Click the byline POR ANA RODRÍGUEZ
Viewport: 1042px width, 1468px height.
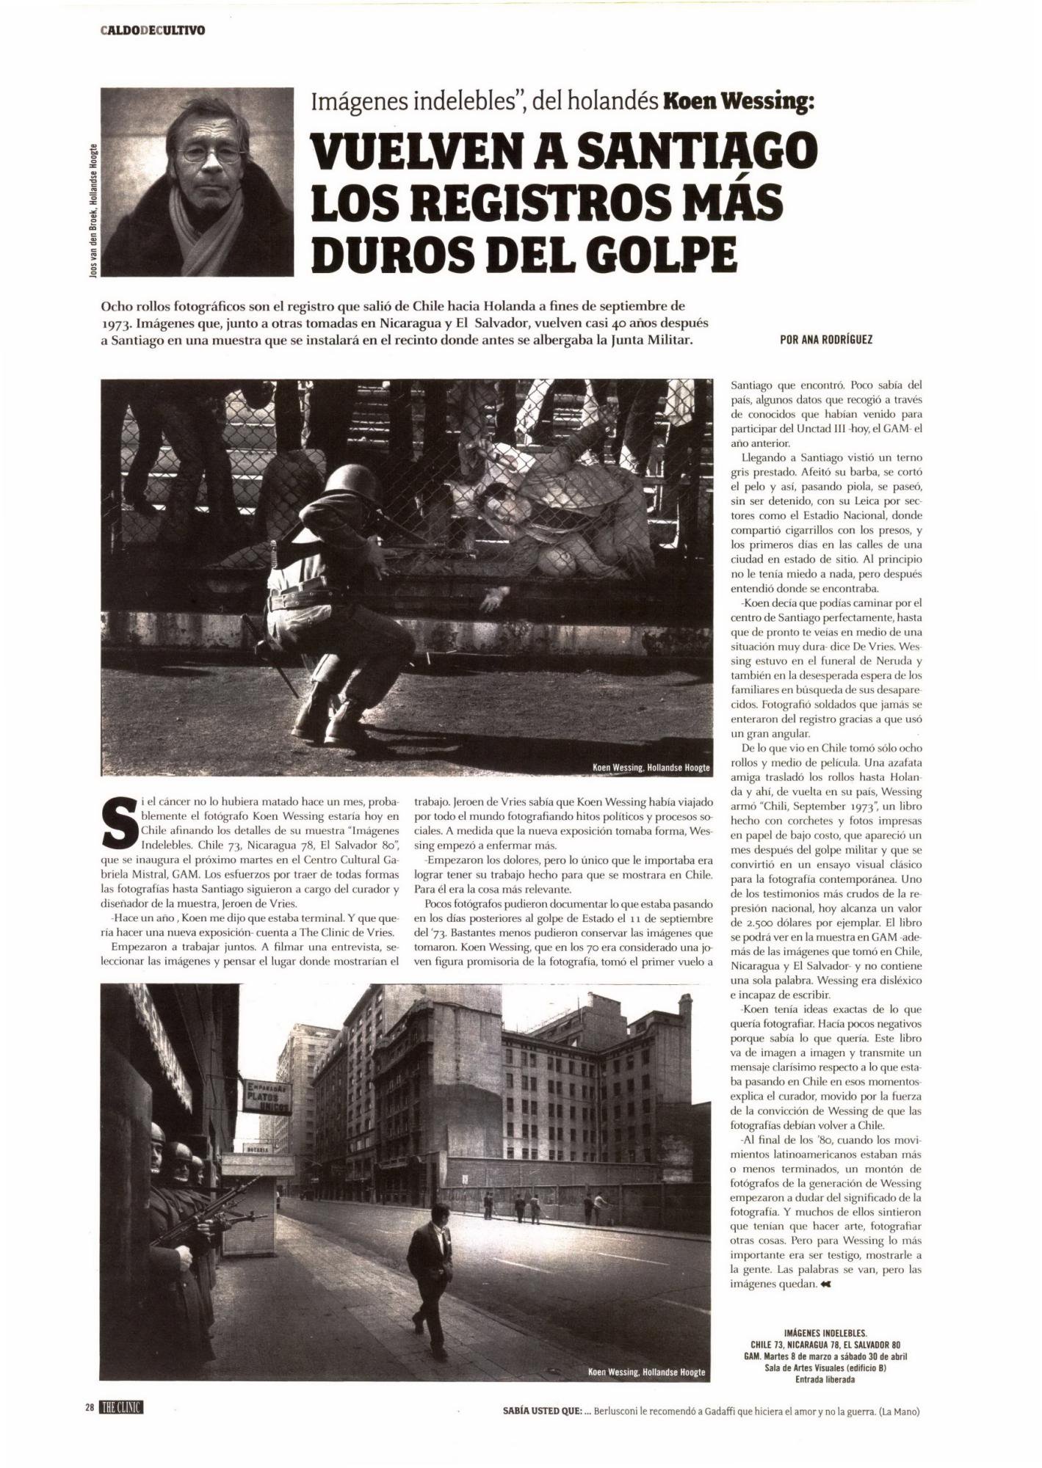tap(826, 340)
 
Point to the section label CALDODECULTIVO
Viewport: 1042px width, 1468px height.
tap(153, 30)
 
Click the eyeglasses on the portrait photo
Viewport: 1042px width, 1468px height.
tap(211, 153)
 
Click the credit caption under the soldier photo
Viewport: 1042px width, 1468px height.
tap(651, 768)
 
